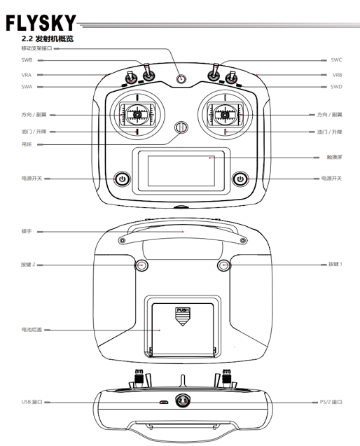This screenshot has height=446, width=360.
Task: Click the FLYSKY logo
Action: pyautogui.click(x=41, y=22)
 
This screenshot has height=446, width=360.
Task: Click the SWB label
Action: pyautogui.click(x=27, y=60)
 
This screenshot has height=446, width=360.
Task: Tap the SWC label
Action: pyautogui.click(x=336, y=60)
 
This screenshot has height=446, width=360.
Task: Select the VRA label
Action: pyautogui.click(x=27, y=75)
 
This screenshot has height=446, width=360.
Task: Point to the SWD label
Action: pyautogui.click(x=336, y=87)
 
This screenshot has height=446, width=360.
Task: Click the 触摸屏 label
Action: pyautogui.click(x=334, y=157)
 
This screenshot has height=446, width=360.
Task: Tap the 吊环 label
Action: pyautogui.click(x=27, y=144)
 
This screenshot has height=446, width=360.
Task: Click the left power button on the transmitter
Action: pyautogui.click(x=123, y=179)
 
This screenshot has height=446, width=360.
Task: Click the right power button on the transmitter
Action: pyautogui.click(x=240, y=179)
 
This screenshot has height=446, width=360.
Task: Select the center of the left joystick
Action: pyautogui.click(x=137, y=115)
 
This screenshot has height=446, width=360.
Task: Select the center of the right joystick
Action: pyautogui.click(x=225, y=115)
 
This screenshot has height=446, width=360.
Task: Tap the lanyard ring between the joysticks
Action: pyautogui.click(x=181, y=127)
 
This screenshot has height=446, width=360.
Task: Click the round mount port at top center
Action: pyautogui.click(x=181, y=78)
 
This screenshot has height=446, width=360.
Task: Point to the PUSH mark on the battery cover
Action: pyautogui.click(x=183, y=310)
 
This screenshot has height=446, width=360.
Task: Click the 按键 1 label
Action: pyautogui.click(x=335, y=264)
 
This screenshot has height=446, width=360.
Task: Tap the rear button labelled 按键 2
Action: pyautogui.click(x=141, y=265)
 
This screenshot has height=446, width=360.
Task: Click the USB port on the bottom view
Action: pyautogui.click(x=164, y=403)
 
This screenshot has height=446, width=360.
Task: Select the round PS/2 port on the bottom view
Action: pyautogui.click(x=183, y=400)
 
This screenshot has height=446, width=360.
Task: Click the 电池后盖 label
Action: pyautogui.click(x=32, y=330)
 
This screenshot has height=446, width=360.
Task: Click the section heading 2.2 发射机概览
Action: pyautogui.click(x=48, y=39)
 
